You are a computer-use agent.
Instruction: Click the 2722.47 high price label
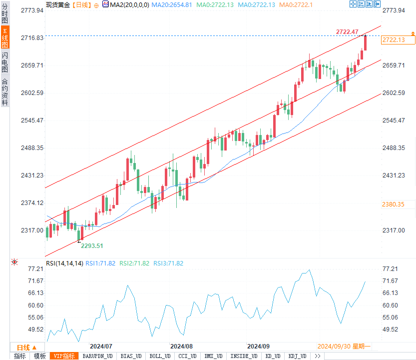[347, 32]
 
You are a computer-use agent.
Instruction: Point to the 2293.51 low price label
[92, 245]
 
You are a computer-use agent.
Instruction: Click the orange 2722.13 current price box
[393, 40]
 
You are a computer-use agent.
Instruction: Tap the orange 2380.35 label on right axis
[393, 204]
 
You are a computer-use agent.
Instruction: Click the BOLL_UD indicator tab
[159, 356]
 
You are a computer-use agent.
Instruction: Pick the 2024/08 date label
[181, 346]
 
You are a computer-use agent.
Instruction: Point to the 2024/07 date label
[101, 346]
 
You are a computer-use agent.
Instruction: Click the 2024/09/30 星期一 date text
[344, 346]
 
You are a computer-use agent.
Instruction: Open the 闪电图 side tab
[4, 62]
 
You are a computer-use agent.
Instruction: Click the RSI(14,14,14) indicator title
[64, 263]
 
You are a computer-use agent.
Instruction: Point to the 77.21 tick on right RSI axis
[390, 269]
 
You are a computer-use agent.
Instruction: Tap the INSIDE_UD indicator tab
[244, 356]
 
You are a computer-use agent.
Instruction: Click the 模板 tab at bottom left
[39, 356]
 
